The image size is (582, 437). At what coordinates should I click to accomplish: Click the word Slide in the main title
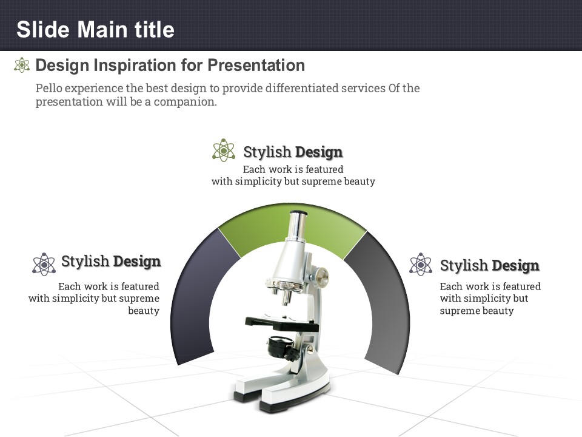[x=43, y=29]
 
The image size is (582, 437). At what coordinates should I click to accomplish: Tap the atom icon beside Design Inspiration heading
[x=22, y=65]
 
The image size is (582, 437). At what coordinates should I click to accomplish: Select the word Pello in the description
[x=48, y=89]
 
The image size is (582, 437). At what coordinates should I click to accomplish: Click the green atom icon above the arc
[x=224, y=150]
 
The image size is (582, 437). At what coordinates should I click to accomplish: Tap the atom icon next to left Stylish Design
[x=44, y=264]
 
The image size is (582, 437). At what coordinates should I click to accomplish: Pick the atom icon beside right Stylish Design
[x=421, y=264]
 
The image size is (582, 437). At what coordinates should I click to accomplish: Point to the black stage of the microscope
[x=282, y=324]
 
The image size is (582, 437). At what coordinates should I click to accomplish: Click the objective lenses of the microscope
[x=283, y=292]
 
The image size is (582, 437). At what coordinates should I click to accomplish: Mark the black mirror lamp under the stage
[x=281, y=347]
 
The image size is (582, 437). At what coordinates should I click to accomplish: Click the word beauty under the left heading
[x=144, y=311]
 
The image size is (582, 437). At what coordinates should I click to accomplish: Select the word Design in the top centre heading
[x=319, y=152]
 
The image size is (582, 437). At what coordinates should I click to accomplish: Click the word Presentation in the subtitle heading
[x=256, y=65]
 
